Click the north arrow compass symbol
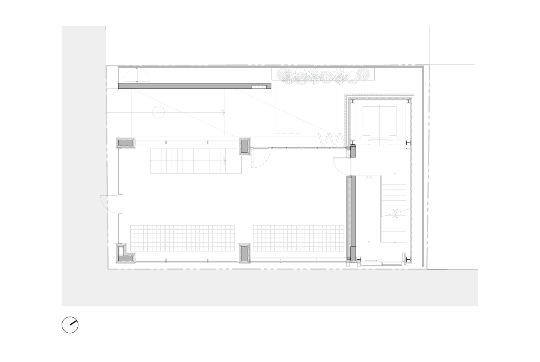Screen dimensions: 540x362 click(70, 325)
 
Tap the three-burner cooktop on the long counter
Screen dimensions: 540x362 click(259, 87)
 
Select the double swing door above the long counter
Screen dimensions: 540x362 click(137, 76)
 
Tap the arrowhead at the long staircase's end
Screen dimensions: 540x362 click(224, 161)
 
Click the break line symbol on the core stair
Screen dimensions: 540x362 click(394, 214)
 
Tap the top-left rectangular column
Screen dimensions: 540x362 click(125, 143)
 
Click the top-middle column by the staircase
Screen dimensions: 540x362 click(244, 146)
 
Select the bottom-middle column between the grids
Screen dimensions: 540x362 click(244, 253)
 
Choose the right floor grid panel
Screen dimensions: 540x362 click(299, 238)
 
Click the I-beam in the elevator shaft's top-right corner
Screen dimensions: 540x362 click(408, 101)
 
